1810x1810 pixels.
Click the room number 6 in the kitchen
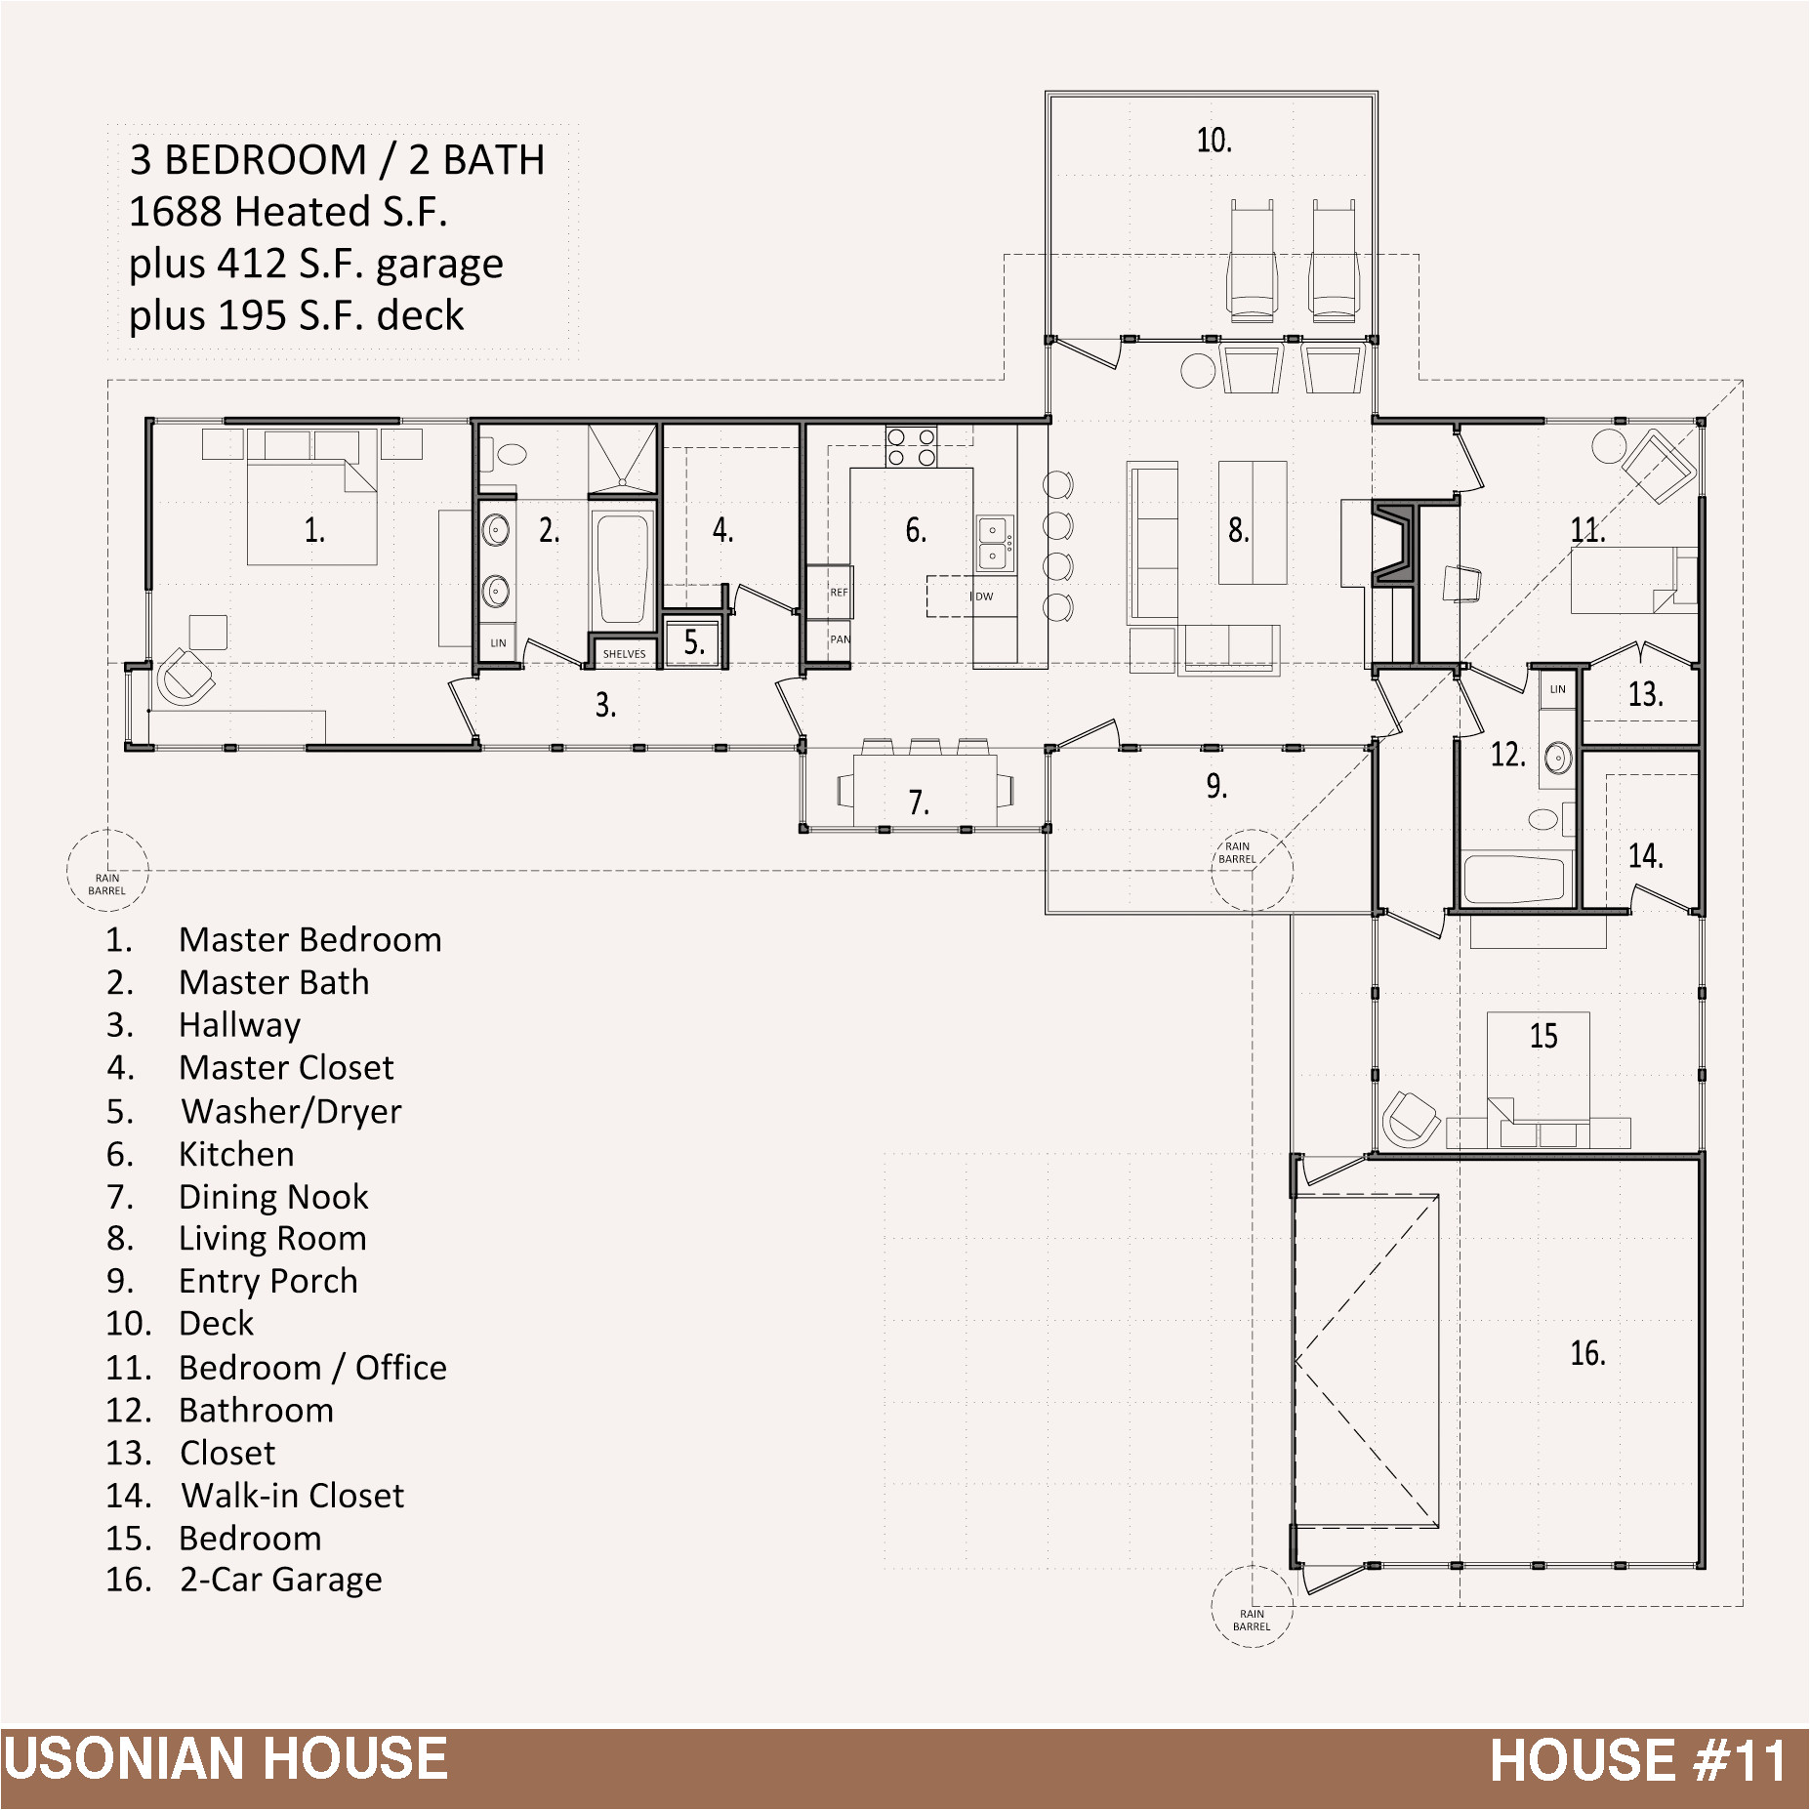pyautogui.click(x=915, y=530)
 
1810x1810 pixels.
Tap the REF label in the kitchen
pyautogui.click(x=839, y=593)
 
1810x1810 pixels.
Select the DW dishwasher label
pyautogui.click(x=984, y=596)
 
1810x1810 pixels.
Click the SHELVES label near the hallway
pyautogui.click(x=624, y=654)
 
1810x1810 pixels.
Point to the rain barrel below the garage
pyautogui.click(x=1252, y=1606)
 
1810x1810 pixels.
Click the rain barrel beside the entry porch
pyautogui.click(x=1252, y=870)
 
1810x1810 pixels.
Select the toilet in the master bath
pyautogui.click(x=510, y=454)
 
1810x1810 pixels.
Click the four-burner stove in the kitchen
pyautogui.click(x=911, y=447)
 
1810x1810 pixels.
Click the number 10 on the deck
pyautogui.click(x=1214, y=141)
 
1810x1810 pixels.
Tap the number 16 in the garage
pyautogui.click(x=1587, y=1353)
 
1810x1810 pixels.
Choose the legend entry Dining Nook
pyautogui.click(x=273, y=1197)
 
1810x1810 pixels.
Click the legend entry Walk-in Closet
pyautogui.click(x=292, y=1496)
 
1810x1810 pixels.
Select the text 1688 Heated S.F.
pyautogui.click(x=288, y=212)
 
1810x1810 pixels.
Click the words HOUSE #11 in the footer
pyautogui.click(x=1638, y=1760)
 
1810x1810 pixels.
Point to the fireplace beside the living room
pyautogui.click(x=1393, y=544)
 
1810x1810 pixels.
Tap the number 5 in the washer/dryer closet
pyautogui.click(x=694, y=642)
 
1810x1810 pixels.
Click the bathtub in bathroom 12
pyautogui.click(x=1514, y=880)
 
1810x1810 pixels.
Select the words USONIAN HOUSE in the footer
pyautogui.click(x=226, y=1759)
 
